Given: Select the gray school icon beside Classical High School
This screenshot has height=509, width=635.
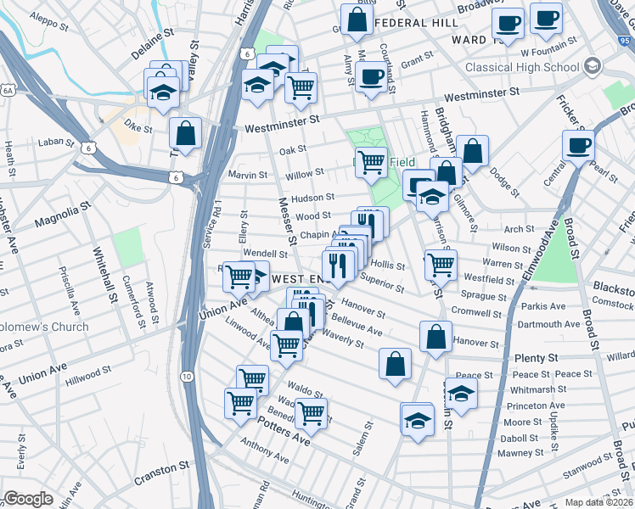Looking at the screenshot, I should [x=593, y=66].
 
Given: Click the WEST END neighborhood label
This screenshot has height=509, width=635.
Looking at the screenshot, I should [x=298, y=278].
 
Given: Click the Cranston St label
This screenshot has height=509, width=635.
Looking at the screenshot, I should [x=161, y=467].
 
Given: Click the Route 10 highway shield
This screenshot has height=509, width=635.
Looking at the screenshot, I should [x=187, y=376].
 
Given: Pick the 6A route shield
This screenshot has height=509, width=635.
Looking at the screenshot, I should [x=8, y=88].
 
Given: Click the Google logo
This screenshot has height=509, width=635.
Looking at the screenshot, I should [x=28, y=499].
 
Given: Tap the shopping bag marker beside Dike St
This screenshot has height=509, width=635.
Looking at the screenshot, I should [x=184, y=134].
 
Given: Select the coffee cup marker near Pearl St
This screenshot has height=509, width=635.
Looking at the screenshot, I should [x=578, y=144].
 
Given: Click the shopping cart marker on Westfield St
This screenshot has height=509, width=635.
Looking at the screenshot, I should [x=441, y=264].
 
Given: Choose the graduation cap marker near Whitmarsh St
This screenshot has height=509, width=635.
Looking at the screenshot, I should [x=461, y=393].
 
